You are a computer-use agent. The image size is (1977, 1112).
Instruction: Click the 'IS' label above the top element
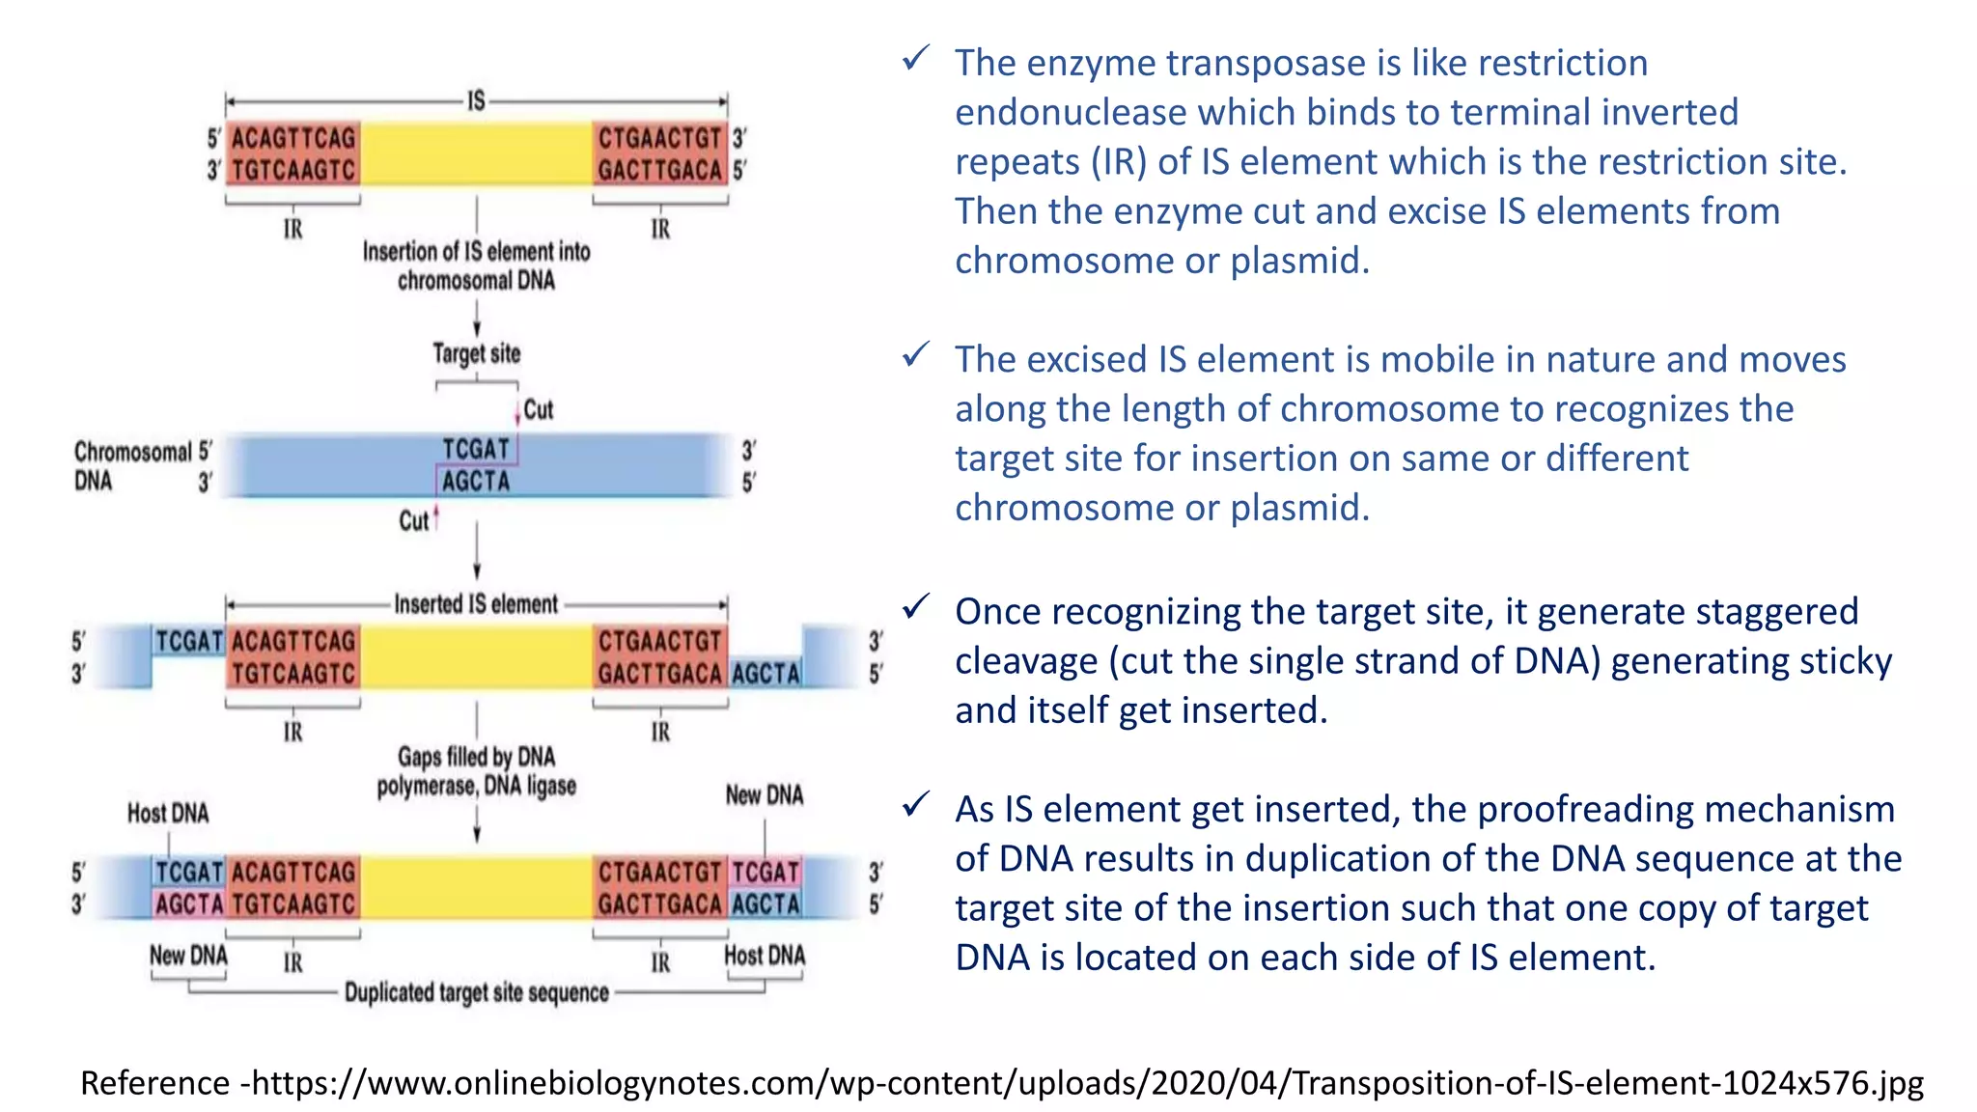coord(476,100)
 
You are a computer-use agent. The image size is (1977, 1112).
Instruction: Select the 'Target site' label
coord(476,354)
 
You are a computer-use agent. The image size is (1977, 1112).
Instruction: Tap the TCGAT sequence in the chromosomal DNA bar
coord(475,450)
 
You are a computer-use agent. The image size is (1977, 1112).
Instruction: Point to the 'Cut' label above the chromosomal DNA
coord(538,410)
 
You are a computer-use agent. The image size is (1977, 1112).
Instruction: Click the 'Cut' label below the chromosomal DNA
coord(413,521)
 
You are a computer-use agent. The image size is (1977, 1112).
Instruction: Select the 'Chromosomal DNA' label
coord(132,466)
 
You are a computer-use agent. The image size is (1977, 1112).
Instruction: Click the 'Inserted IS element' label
coord(476,604)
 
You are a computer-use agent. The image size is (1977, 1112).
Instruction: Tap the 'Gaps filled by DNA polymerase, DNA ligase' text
coord(476,771)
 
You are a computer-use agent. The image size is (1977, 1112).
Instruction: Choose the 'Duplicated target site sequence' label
coord(476,992)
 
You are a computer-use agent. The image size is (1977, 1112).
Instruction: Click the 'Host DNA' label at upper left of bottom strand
coord(168,814)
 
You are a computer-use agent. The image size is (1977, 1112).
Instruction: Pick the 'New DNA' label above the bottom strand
coord(765,795)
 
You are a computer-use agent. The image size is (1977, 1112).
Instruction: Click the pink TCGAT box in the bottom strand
coord(766,873)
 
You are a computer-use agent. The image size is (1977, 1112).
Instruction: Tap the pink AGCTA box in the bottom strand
coord(189,904)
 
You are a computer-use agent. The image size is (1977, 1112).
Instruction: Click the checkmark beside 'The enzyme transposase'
coord(915,59)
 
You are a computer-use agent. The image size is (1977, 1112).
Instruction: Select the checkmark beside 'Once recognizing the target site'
coord(915,607)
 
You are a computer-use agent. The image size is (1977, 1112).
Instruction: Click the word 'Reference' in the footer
coord(154,1083)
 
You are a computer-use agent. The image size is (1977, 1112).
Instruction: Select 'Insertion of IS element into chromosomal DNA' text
coord(476,265)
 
